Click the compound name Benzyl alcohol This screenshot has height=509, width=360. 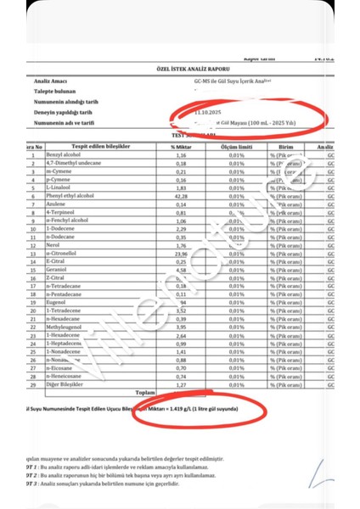point(69,156)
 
